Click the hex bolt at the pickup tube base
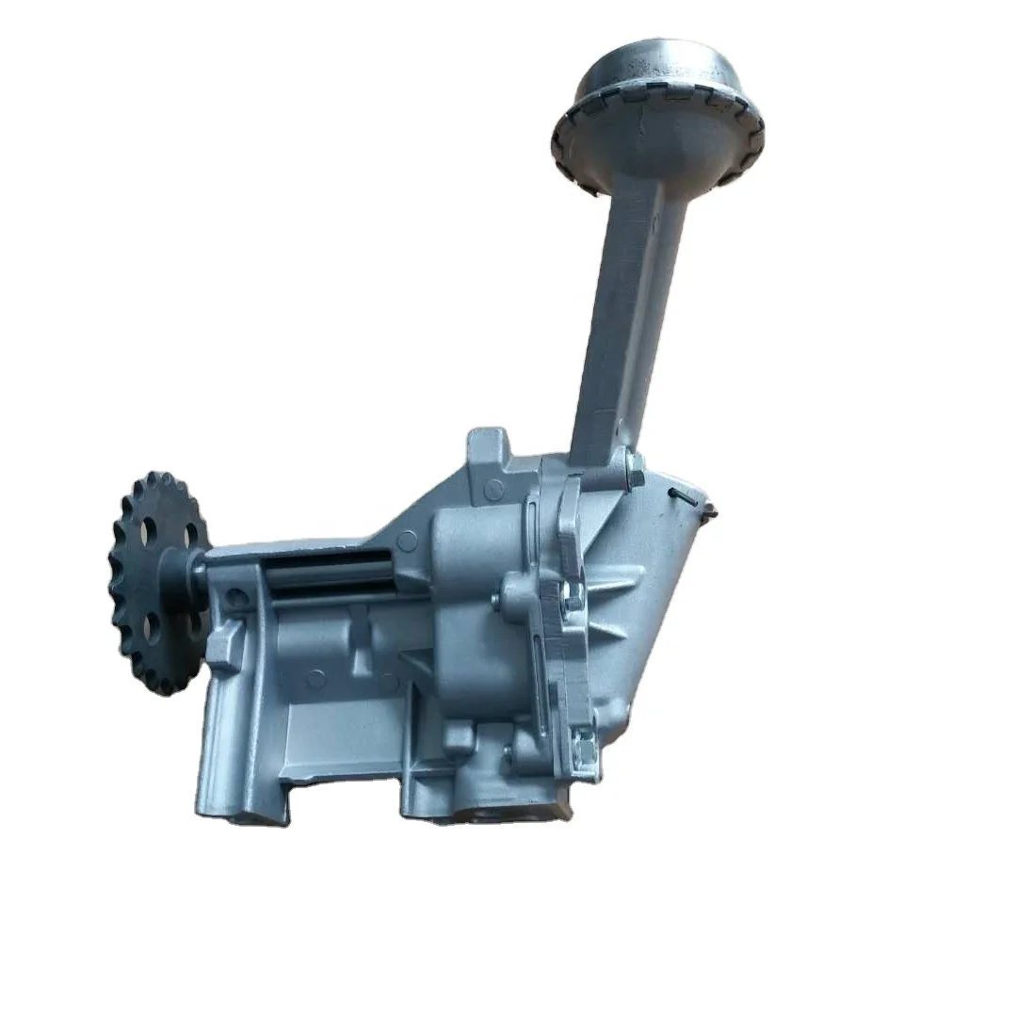(633, 468)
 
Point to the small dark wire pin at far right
(695, 500)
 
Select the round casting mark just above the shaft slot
(407, 541)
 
